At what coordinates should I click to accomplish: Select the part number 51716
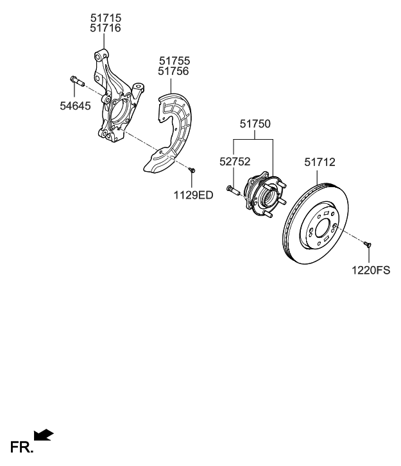(105, 28)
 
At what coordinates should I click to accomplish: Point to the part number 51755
(175, 61)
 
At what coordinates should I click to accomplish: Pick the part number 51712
(320, 163)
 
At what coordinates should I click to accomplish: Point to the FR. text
(21, 447)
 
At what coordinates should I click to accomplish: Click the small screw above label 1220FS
(368, 244)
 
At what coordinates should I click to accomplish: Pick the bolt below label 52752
(232, 190)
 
